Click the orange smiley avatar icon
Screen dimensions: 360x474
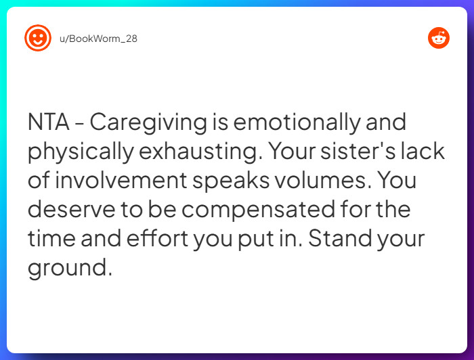tap(38, 38)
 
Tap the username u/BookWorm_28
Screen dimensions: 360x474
tap(98, 39)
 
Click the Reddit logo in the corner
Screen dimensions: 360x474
tap(439, 38)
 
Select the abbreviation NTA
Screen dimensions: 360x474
tap(49, 122)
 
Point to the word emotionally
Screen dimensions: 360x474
tap(296, 122)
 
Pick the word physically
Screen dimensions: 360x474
tap(79, 152)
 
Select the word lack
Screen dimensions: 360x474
tap(423, 151)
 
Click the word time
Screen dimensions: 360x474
tap(50, 238)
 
